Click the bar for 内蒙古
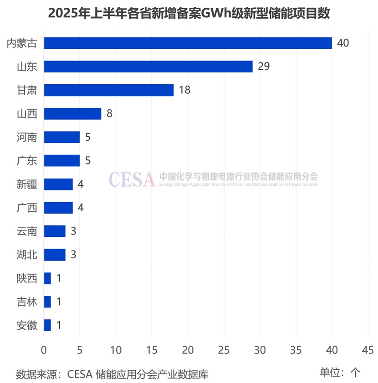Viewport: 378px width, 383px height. (188, 43)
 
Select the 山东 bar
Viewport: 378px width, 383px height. (148, 66)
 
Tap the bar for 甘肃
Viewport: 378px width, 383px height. (108, 90)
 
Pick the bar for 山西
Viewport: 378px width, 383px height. (72, 113)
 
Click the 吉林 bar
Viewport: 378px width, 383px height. (47, 301)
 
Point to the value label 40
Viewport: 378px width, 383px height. (343, 43)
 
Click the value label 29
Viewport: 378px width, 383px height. (264, 66)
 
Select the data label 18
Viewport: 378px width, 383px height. (184, 90)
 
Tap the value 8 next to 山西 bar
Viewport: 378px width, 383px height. (109, 113)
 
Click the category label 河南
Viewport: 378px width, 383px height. (26, 137)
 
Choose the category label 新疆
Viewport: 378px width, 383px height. (26, 184)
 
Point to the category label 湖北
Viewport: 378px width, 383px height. (26, 255)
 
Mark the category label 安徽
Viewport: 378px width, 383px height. (26, 325)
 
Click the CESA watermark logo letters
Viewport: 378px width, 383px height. (132, 179)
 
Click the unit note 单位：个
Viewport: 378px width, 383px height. (339, 372)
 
